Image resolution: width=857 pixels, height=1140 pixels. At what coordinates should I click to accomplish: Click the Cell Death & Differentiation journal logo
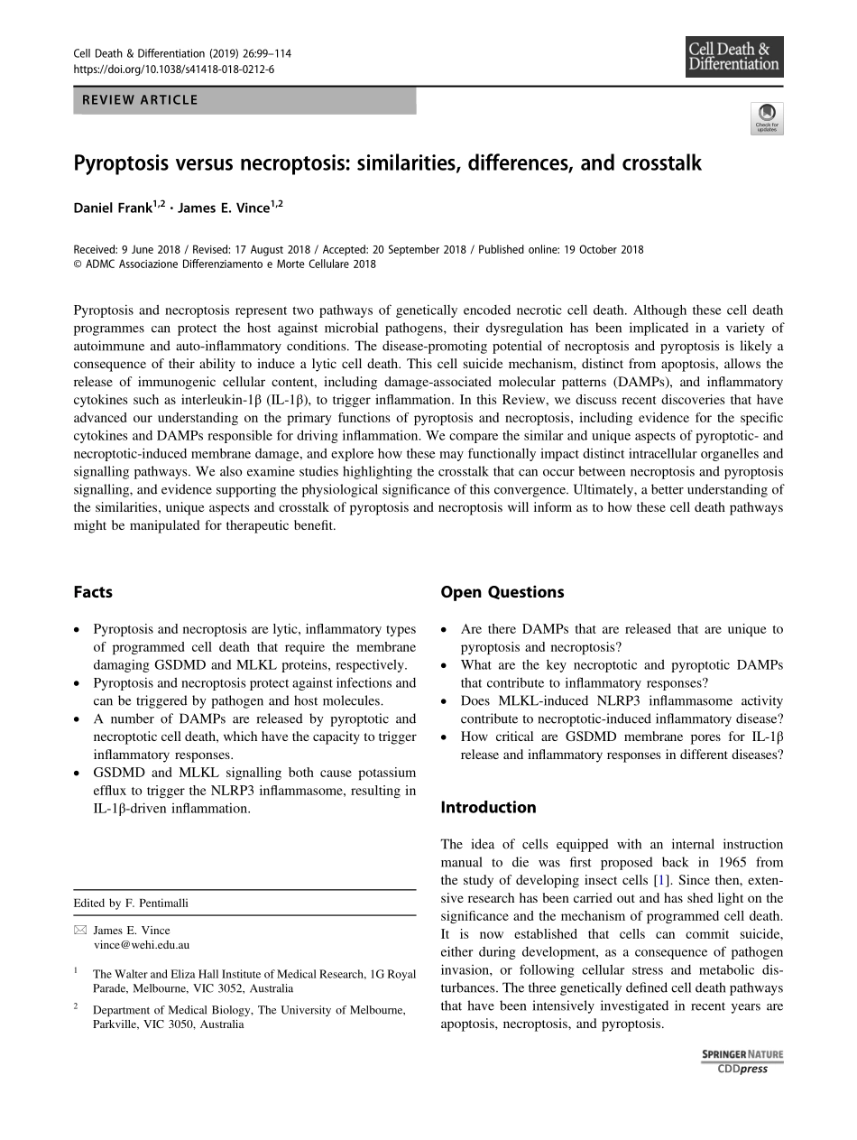(x=733, y=57)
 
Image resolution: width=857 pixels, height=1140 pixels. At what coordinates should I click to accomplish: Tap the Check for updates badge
(x=767, y=118)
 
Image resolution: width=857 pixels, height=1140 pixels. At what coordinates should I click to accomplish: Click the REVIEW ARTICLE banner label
(x=140, y=100)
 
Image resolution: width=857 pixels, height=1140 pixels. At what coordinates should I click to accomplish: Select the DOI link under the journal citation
(x=173, y=69)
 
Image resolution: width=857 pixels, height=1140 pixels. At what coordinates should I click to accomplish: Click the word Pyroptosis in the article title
(x=117, y=164)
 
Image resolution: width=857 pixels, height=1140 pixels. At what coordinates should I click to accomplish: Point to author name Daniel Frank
(x=113, y=208)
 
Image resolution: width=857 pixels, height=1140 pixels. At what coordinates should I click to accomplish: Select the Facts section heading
(x=93, y=592)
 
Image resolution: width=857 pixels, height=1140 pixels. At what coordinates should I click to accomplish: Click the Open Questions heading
(x=502, y=592)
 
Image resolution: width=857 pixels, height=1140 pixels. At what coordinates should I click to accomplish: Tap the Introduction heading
(x=488, y=807)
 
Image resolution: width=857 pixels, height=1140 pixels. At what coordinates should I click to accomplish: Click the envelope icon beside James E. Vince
(x=79, y=931)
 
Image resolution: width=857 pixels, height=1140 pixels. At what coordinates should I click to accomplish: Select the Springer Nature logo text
(x=742, y=1054)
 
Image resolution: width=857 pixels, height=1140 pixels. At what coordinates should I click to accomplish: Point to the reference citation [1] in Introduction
(x=662, y=880)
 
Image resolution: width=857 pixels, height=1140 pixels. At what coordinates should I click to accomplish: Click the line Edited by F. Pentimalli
(x=131, y=903)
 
